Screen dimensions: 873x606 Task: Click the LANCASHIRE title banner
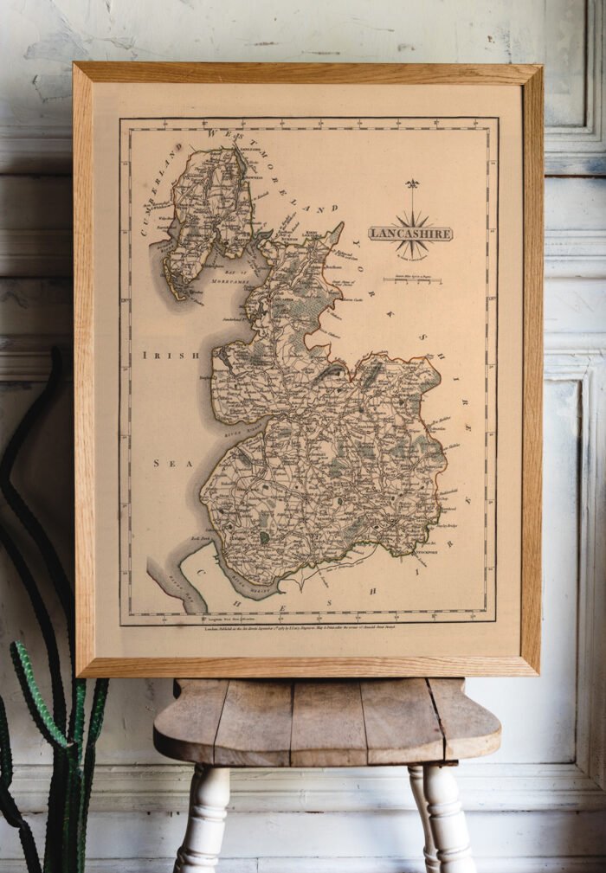pos(410,233)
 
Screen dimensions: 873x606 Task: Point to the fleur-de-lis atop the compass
pos(412,184)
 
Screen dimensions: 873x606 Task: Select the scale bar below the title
pos(412,279)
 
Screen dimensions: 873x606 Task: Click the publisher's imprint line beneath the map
pos(307,630)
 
